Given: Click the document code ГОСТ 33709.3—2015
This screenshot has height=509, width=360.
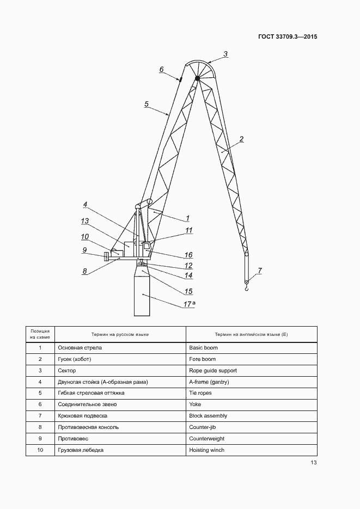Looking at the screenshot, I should tap(288, 37).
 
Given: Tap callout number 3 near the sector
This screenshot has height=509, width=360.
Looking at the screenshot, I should tap(225, 54).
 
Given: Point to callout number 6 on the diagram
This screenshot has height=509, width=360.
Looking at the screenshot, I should tap(161, 69).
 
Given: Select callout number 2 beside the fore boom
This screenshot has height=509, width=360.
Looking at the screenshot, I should tap(241, 139).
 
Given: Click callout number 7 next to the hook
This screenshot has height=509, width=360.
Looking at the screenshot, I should tap(260, 270).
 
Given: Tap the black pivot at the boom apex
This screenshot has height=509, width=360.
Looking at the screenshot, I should tap(197, 78).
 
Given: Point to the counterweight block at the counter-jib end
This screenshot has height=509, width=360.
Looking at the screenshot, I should tap(106, 256).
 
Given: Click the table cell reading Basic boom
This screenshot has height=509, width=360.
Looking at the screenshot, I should tap(203, 347).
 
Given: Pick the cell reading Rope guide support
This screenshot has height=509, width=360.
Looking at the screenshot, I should tap(213, 371).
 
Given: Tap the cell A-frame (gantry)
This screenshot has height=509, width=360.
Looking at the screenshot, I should tap(209, 382).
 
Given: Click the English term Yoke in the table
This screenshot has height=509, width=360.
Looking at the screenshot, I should tap(195, 404).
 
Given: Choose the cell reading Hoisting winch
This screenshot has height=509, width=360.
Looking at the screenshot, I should tap(206, 450).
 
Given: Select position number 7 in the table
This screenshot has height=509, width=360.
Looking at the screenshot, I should tap(40, 416).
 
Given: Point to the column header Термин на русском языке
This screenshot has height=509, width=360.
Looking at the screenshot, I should tap(120, 334).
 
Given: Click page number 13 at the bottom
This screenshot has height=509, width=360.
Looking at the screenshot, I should tap(314, 463).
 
